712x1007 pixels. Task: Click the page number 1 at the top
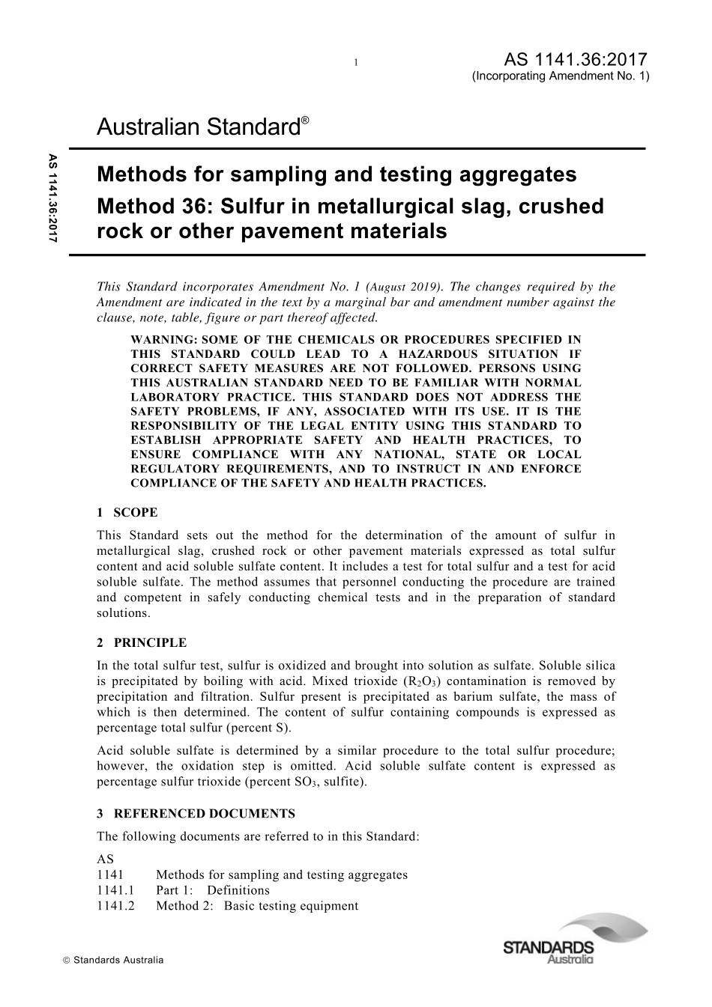tap(356, 62)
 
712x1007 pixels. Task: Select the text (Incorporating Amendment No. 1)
tap(561, 76)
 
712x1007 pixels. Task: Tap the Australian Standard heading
tap(198, 128)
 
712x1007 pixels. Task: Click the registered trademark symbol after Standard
tap(304, 120)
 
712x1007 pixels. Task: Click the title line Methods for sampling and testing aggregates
tap(337, 174)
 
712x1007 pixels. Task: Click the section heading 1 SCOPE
tap(127, 513)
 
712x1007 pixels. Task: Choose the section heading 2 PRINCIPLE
tap(142, 642)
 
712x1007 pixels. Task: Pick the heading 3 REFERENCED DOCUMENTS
tap(196, 814)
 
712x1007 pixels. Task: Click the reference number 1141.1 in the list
tap(115, 890)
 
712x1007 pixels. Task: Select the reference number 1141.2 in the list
tap(115, 906)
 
